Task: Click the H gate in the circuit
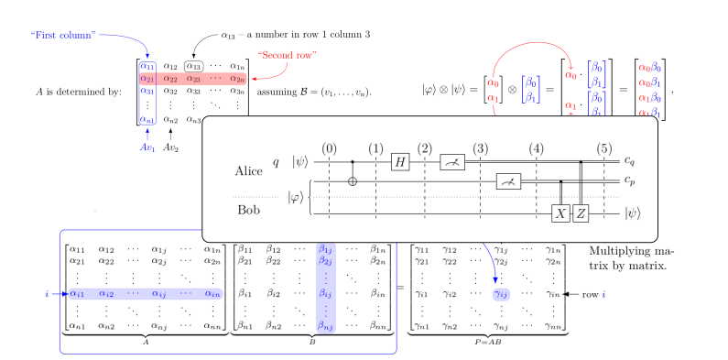click(399, 161)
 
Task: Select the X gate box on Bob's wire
click(560, 213)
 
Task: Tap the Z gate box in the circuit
click(581, 213)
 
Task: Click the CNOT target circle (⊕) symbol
click(354, 180)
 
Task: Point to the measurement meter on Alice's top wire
click(452, 161)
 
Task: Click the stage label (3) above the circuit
click(480, 147)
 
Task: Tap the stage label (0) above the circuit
click(330, 147)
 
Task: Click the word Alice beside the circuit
click(249, 171)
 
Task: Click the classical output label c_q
click(630, 161)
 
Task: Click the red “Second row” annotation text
click(286, 54)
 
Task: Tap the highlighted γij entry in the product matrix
click(502, 294)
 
